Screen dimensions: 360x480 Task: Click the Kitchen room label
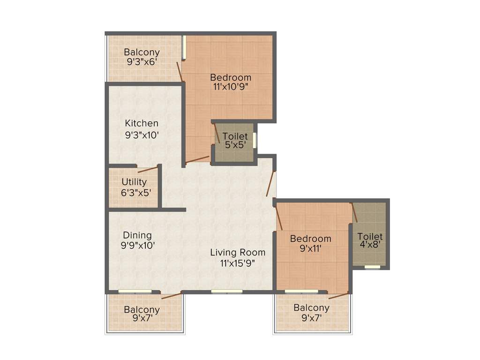tap(142, 123)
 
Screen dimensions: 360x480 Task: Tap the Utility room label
tap(134, 182)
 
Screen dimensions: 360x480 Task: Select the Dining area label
tap(137, 235)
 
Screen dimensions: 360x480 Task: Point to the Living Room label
tap(238, 252)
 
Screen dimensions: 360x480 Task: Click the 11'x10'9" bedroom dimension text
tap(230, 87)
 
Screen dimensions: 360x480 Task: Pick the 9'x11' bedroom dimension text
tap(310, 248)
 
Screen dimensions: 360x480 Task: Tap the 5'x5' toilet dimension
tap(235, 145)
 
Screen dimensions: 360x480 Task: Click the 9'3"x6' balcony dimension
tap(142, 61)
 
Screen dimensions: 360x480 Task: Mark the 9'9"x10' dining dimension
tap(137, 245)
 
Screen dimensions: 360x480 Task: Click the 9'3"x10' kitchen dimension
tap(142, 135)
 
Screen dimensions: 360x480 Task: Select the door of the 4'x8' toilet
tap(354, 212)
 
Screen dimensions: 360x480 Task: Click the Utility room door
tap(148, 169)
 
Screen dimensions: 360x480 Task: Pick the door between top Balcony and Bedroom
tap(180, 72)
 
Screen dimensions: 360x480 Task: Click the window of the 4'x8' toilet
tap(373, 267)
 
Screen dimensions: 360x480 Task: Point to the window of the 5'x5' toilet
tap(255, 140)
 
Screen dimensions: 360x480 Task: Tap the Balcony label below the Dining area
tap(142, 310)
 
